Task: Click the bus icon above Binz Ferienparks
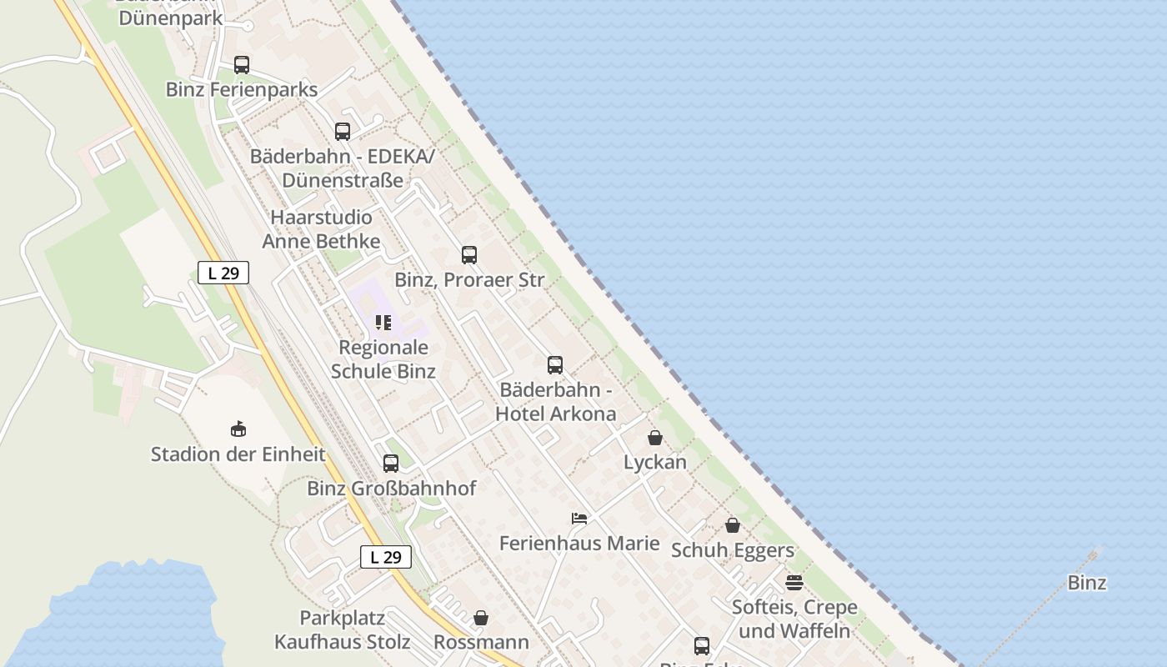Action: pos(242,65)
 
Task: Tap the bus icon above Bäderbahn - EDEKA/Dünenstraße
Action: pos(343,132)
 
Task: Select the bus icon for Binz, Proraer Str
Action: pos(469,255)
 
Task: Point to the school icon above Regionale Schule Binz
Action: pos(383,323)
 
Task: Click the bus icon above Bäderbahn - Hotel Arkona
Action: pos(555,365)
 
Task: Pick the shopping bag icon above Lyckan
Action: pos(655,438)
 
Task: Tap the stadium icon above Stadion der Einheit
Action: pos(238,429)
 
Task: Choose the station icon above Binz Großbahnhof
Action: pos(391,464)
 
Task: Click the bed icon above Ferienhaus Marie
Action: pos(579,519)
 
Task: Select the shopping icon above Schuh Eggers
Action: pos(733,525)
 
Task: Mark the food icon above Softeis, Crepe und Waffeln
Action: pos(794,582)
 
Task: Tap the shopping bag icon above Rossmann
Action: pos(481,618)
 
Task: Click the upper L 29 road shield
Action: pos(223,273)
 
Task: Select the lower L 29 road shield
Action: pos(386,557)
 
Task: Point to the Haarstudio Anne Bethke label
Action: pos(321,229)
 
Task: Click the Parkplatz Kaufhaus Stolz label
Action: pos(343,629)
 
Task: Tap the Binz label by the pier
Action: pos(1087,583)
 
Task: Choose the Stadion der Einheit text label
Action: pos(238,454)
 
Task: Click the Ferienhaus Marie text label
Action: pos(579,544)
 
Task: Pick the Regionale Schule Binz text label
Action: pos(383,359)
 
